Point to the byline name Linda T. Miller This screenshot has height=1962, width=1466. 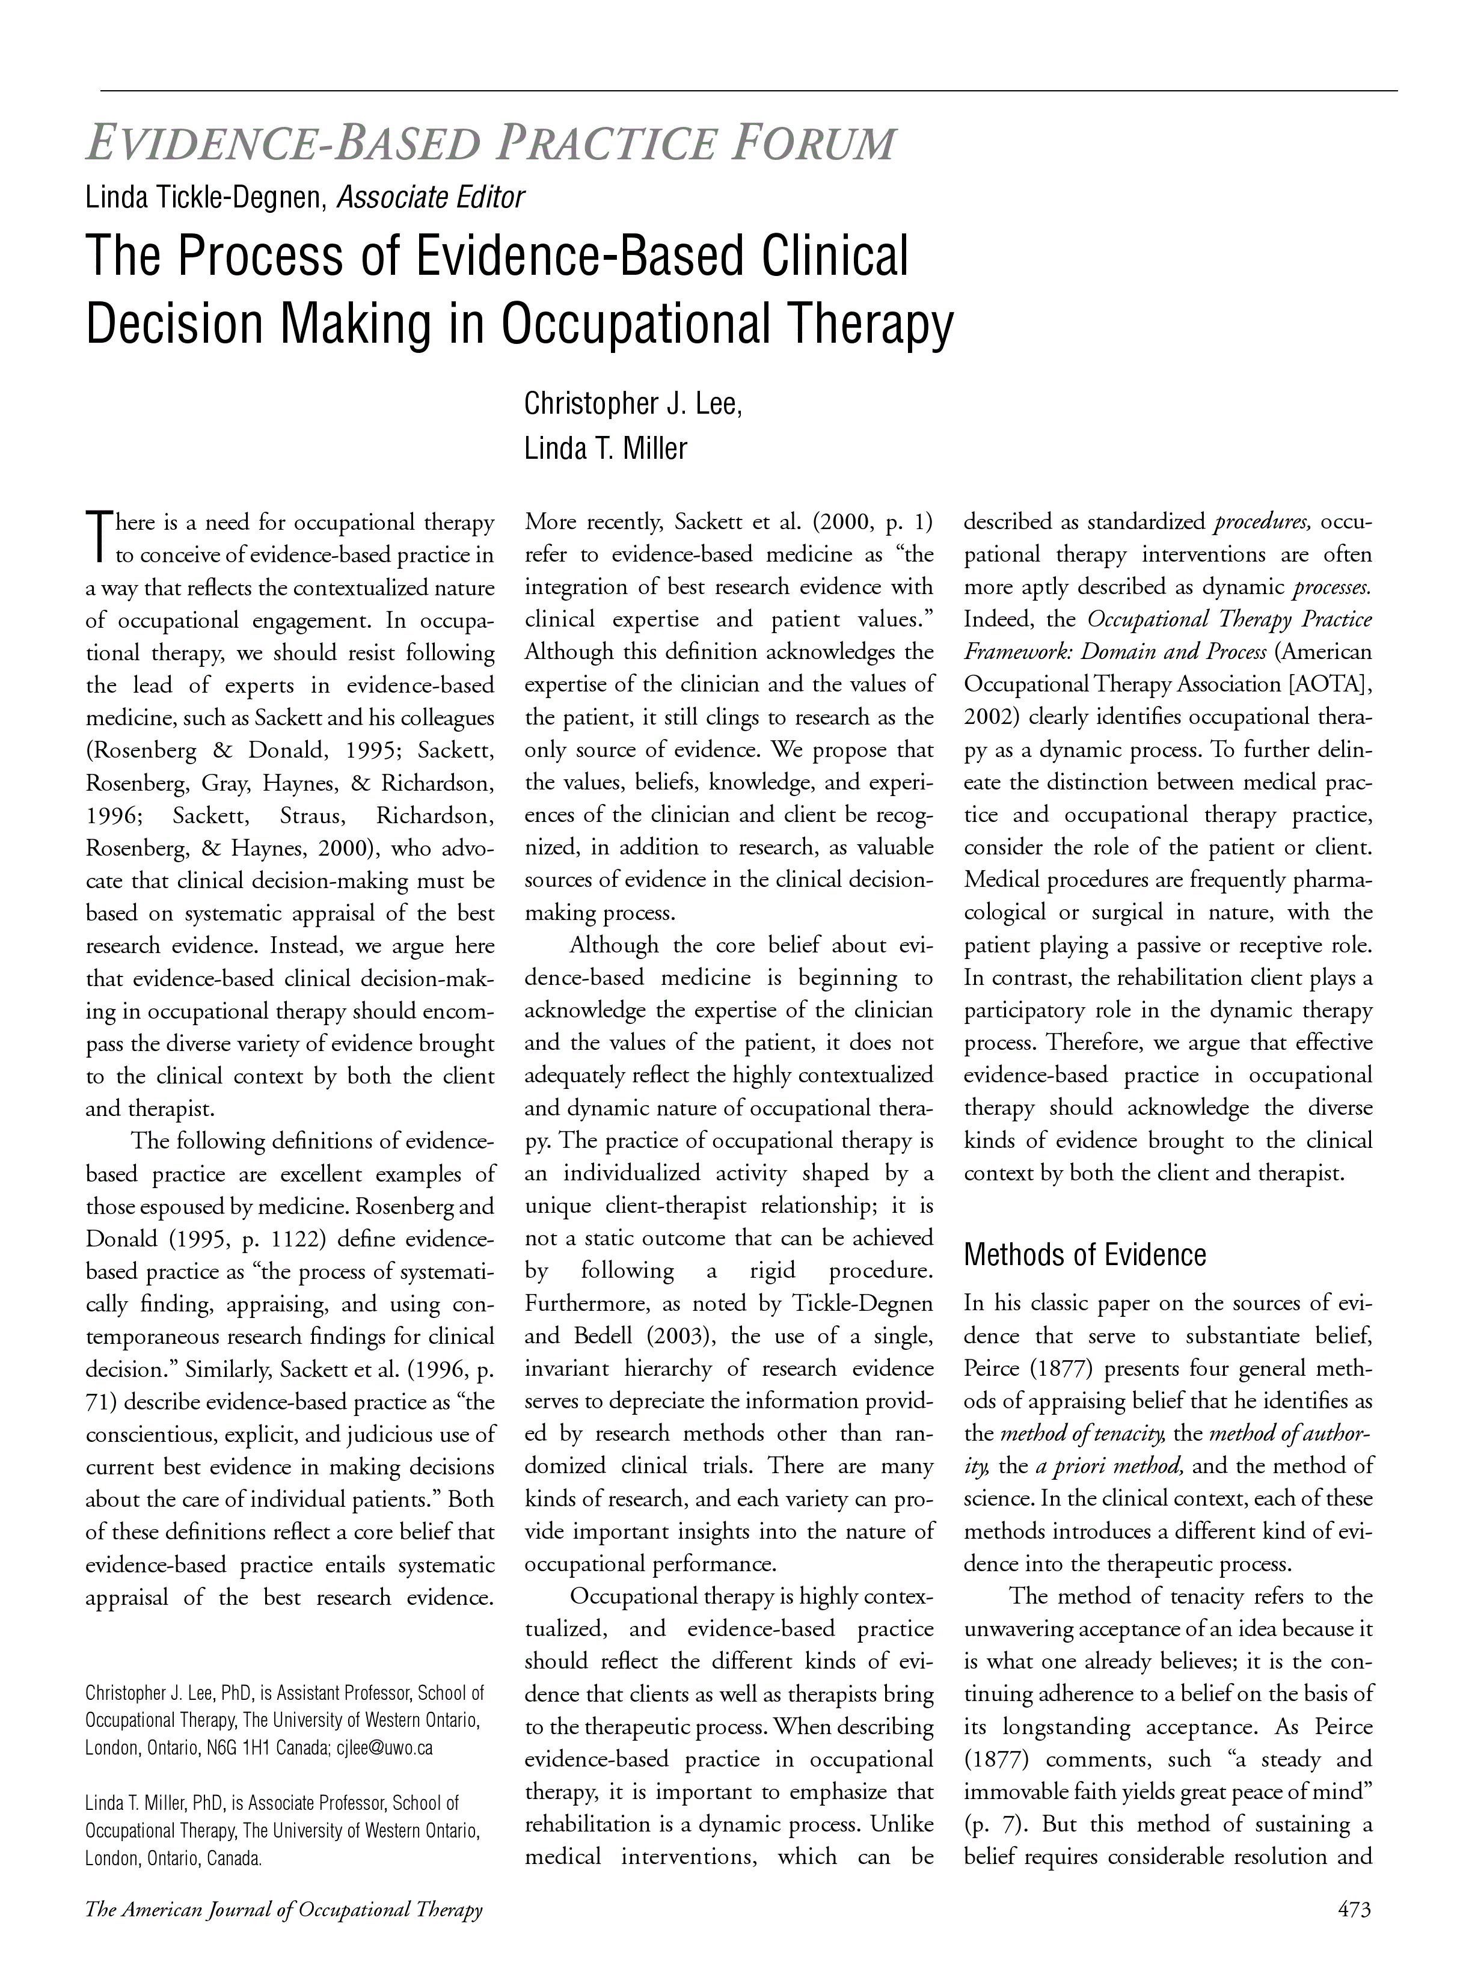point(606,448)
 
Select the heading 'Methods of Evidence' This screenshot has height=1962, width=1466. point(1085,1255)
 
